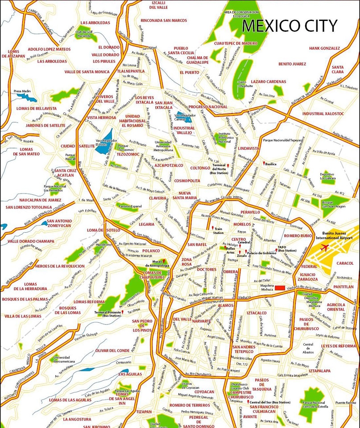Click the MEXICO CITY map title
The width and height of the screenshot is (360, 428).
[290, 26]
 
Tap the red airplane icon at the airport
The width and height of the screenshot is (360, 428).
[324, 247]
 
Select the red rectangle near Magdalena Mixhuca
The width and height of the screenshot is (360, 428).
[280, 288]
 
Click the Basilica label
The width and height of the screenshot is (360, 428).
[271, 164]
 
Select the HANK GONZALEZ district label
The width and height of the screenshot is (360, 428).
[324, 48]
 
